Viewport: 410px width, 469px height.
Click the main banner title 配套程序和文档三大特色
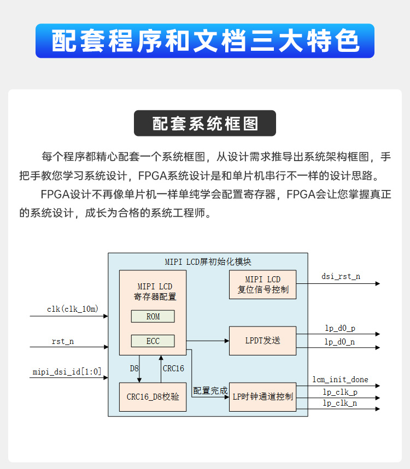coord(205,41)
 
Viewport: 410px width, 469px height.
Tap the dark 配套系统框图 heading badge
coord(205,123)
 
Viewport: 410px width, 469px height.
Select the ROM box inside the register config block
coord(153,317)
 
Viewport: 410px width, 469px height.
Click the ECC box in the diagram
coord(153,341)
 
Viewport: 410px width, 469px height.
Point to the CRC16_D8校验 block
coord(153,397)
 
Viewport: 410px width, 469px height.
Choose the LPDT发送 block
coord(262,341)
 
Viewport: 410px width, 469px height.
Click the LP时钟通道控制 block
coord(262,397)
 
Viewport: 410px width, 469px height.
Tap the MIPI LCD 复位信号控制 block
coord(262,284)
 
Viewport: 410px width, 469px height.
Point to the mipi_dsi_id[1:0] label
coord(67,372)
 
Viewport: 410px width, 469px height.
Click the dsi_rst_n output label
coord(341,276)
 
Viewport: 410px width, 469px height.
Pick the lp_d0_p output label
coord(339,328)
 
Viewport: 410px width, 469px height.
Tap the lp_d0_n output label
coord(339,342)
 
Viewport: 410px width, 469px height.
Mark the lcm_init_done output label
coord(340,379)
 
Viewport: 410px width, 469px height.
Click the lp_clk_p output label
coord(340,392)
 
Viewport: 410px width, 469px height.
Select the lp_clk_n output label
coord(340,403)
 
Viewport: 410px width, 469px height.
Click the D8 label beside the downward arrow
coord(134,369)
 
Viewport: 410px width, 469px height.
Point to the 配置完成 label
coord(210,391)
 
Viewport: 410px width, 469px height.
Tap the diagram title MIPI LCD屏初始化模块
coord(208,262)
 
